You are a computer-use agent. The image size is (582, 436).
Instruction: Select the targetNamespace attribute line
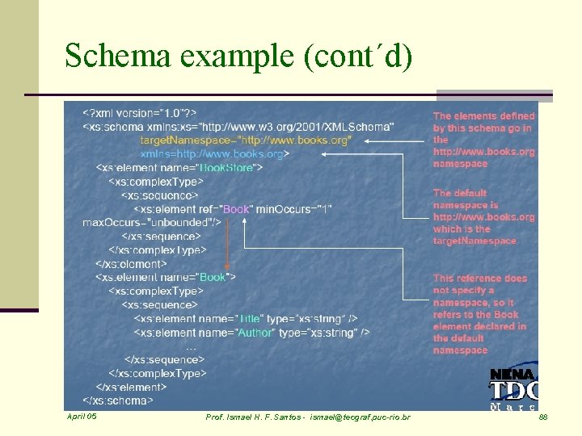[x=246, y=140]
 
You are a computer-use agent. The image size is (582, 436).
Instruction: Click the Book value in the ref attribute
[x=236, y=209]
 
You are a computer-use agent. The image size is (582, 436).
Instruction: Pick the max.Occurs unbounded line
[x=151, y=222]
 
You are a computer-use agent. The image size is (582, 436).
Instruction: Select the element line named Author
[x=251, y=332]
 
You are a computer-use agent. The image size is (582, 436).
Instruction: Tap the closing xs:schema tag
[x=116, y=400]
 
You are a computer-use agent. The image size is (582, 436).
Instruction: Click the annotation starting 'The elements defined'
[x=483, y=140]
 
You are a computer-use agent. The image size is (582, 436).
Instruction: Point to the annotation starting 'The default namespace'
[x=483, y=216]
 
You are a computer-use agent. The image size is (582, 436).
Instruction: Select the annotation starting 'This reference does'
[x=479, y=314]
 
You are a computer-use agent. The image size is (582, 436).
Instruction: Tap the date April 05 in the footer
[x=82, y=417]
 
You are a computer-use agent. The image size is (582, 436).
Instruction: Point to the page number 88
[x=543, y=417]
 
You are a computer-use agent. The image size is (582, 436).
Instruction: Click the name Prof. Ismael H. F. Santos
[x=254, y=417]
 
